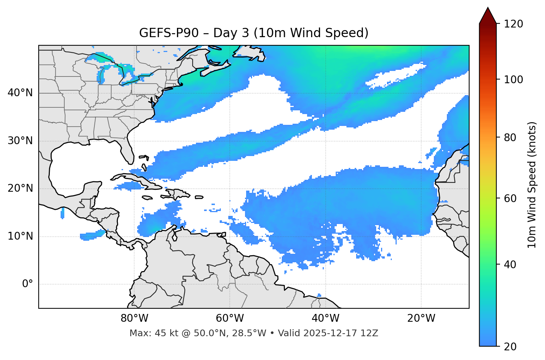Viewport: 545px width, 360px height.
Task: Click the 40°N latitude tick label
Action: tap(20, 93)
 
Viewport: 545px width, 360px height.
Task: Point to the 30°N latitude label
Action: tap(20, 141)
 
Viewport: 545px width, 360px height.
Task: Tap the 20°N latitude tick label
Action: tap(20, 189)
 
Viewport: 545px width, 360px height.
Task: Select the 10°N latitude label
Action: tap(20, 236)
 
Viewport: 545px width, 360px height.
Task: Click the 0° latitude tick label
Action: tap(28, 284)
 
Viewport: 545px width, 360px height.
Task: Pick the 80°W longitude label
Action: tap(134, 318)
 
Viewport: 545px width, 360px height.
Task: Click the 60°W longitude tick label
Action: tap(230, 318)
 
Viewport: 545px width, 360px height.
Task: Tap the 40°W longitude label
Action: tap(326, 318)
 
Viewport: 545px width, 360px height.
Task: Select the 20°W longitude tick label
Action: tap(421, 318)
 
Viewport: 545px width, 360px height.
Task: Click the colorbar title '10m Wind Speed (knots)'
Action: tap(532, 185)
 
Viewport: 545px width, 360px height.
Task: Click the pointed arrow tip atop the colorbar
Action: tap(488, 9)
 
